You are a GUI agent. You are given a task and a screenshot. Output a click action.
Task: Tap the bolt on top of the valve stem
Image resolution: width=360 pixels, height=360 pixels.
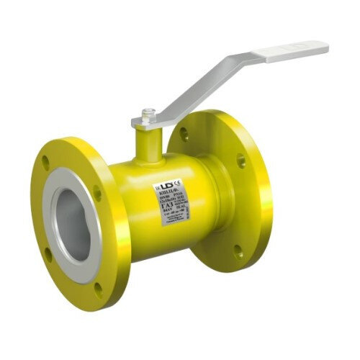click(x=148, y=113)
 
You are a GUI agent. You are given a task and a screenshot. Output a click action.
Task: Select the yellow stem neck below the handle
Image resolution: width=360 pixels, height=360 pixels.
click(x=148, y=140)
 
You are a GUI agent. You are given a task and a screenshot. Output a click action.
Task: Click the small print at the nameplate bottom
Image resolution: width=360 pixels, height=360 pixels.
click(x=173, y=229)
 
